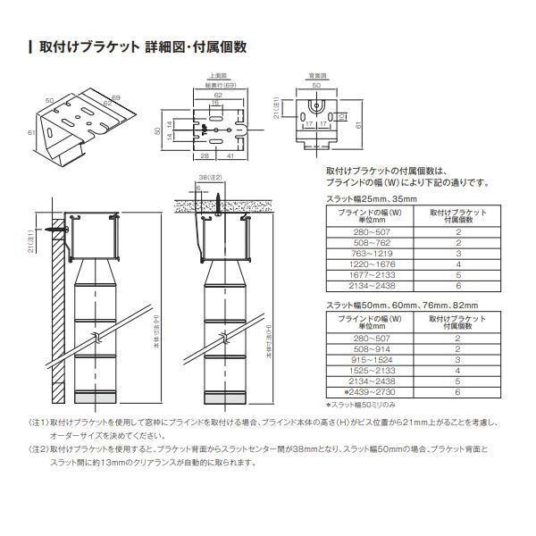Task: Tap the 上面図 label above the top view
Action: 216,78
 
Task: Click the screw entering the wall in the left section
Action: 57,230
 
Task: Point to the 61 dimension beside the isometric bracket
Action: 30,132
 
